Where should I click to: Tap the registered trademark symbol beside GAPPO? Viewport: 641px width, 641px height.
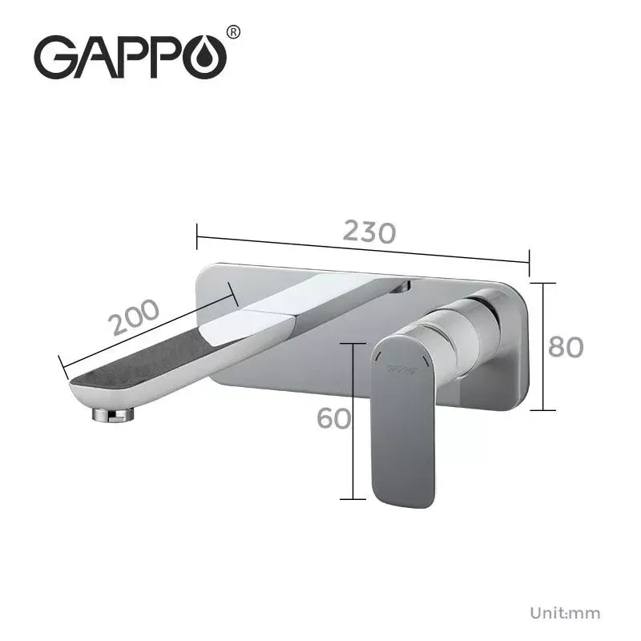233,33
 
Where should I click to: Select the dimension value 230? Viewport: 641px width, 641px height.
369,231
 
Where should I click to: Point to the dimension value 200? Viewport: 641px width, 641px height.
135,317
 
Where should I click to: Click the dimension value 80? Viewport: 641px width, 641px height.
566,347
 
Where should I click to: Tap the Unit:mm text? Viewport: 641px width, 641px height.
564,614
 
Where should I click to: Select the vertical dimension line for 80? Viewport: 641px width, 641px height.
543,346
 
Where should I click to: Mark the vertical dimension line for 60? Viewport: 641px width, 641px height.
353,420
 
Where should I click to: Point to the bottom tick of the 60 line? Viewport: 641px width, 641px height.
353,498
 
